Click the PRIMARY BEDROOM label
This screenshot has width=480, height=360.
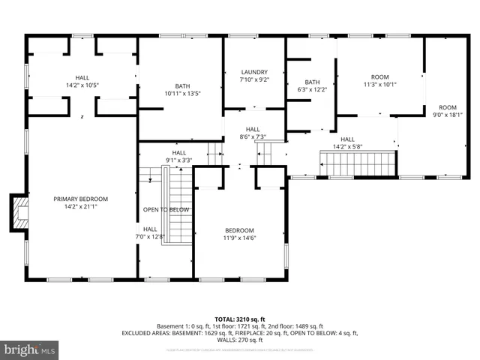80,199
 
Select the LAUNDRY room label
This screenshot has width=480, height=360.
253,72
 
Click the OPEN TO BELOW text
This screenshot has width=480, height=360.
166,210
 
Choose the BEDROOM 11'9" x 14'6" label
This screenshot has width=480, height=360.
240,230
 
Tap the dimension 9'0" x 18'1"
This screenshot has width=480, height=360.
447,115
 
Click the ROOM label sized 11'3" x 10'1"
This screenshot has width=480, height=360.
380,77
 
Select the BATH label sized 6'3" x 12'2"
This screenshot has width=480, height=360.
312,82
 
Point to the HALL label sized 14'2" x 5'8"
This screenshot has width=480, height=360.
348,139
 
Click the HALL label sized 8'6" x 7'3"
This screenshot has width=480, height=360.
253,129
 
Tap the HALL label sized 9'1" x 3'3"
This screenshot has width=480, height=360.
179,152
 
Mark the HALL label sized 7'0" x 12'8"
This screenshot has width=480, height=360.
150,229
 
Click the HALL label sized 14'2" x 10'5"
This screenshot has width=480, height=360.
82,78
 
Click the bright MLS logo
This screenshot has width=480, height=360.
30,349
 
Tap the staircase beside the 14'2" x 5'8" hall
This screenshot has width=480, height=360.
358,161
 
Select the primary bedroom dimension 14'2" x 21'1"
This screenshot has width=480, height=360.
80,206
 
